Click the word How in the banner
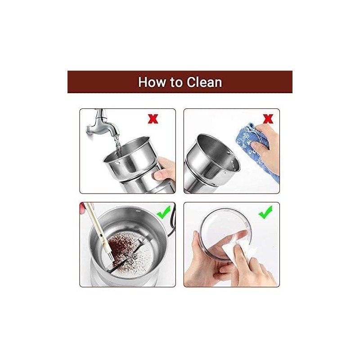pos(151,82)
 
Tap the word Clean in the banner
pos(204,82)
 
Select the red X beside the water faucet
pos(153,119)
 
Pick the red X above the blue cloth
pos(268,119)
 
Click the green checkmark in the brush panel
pos(163,211)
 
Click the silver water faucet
pos(102,124)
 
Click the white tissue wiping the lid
pos(239,250)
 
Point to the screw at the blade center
pos(131,262)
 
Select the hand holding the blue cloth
pos(266,147)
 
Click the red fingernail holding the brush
pos(82,208)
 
